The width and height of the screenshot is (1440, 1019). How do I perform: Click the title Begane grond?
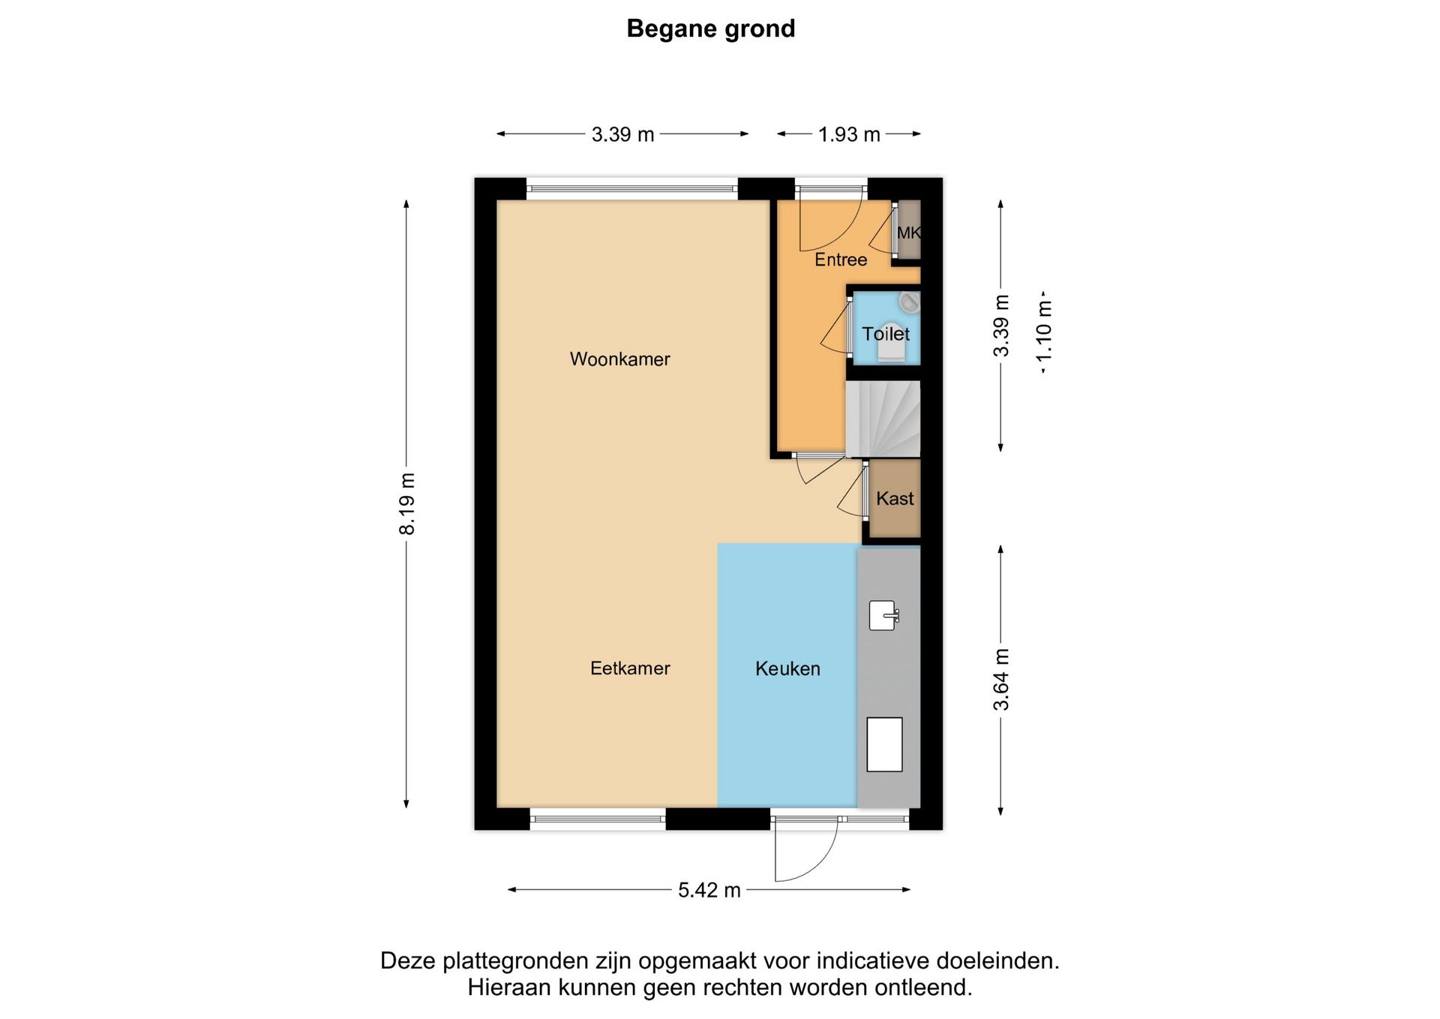click(x=710, y=29)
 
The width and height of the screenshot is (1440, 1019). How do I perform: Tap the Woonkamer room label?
click(x=619, y=359)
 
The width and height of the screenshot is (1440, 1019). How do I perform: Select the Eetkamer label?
click(x=629, y=669)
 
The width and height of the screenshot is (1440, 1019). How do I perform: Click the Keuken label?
click(x=787, y=669)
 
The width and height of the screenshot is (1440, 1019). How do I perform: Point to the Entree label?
click(x=840, y=260)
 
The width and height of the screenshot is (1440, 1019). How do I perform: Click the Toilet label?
click(x=885, y=334)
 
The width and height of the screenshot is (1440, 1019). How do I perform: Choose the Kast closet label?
click(x=894, y=499)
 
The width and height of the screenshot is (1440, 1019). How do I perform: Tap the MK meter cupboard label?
click(x=907, y=233)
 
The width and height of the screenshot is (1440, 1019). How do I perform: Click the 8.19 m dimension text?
click(x=406, y=503)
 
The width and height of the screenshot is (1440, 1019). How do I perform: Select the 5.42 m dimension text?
click(x=709, y=890)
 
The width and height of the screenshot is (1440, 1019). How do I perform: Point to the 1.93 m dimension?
click(x=848, y=134)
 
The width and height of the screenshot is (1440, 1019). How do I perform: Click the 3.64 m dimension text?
click(x=1001, y=679)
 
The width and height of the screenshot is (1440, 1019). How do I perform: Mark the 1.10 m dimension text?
click(x=1044, y=335)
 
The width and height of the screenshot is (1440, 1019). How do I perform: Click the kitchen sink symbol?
click(x=883, y=616)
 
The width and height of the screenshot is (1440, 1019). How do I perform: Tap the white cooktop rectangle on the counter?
click(x=884, y=744)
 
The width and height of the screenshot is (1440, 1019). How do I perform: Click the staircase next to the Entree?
click(x=883, y=419)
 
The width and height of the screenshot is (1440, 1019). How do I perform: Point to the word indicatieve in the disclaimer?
click(x=874, y=961)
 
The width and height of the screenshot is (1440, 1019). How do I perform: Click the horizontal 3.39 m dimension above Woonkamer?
click(x=622, y=134)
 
